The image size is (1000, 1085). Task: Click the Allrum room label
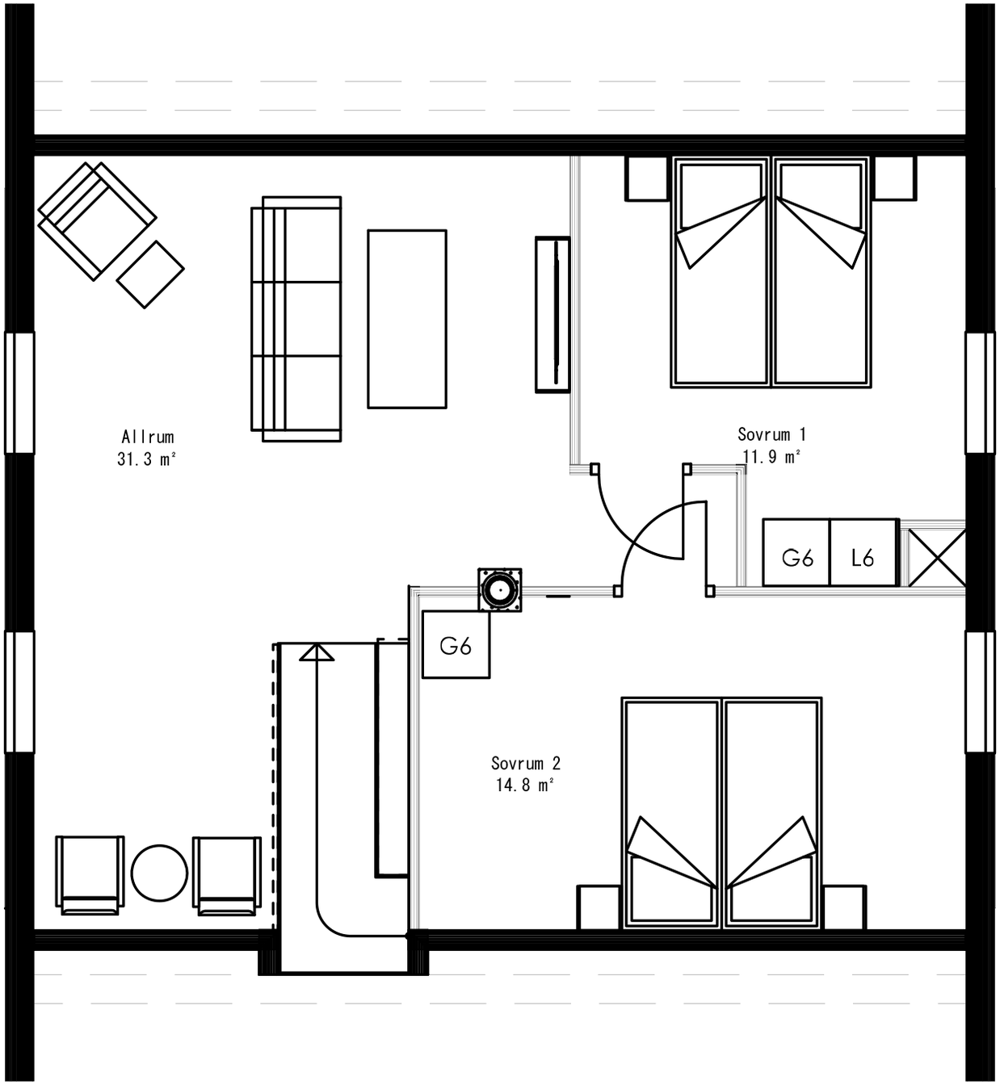click(147, 437)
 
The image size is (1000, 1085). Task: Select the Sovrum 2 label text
click(525, 763)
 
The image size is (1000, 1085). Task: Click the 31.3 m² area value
click(147, 459)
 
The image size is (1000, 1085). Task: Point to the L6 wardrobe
click(863, 557)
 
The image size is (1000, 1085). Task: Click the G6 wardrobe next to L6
click(796, 557)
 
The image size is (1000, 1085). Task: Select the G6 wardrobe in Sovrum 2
click(456, 645)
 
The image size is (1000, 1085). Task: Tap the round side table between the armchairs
click(159, 873)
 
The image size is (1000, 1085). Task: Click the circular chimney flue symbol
click(499, 589)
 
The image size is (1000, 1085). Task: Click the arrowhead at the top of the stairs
click(317, 651)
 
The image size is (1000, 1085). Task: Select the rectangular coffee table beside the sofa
click(407, 319)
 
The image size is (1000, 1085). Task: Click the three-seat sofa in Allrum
click(297, 319)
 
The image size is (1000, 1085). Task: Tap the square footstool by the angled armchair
click(150, 274)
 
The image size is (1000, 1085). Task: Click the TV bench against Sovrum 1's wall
click(553, 315)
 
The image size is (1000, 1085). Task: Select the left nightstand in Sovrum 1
click(648, 178)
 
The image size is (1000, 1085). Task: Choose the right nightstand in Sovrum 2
click(844, 907)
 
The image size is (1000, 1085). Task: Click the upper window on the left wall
click(19, 392)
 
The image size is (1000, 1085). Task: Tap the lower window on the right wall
click(980, 692)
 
